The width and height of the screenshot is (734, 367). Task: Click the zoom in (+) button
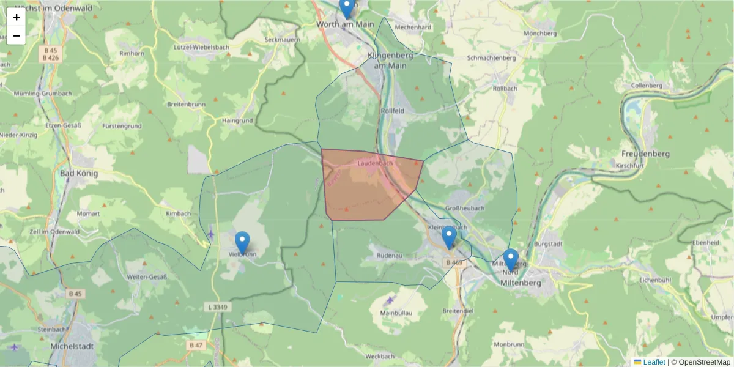17,17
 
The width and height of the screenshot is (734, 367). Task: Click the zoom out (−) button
17,35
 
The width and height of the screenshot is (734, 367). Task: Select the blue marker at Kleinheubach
449,237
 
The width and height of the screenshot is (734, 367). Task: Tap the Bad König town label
79,173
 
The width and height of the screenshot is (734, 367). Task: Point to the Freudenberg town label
645,154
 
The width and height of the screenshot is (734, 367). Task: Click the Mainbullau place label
398,313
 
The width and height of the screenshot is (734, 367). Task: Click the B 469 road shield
454,262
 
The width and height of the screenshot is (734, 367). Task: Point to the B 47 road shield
196,345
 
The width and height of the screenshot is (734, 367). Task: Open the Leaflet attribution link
653,362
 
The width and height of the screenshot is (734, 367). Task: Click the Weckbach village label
379,356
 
